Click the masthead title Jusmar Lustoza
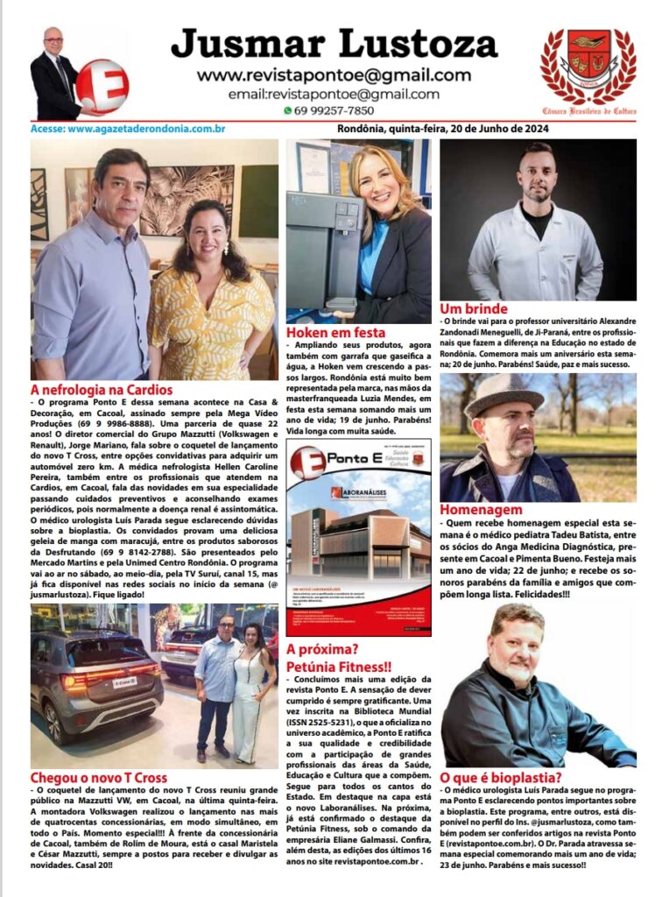coord(334,42)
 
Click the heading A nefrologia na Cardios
coord(102,389)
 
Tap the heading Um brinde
coord(474,309)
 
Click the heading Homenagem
coord(481,510)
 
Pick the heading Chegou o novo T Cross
coord(99,778)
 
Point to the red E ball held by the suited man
coord(101,86)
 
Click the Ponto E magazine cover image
coord(359,538)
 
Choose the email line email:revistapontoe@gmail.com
coord(334,95)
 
